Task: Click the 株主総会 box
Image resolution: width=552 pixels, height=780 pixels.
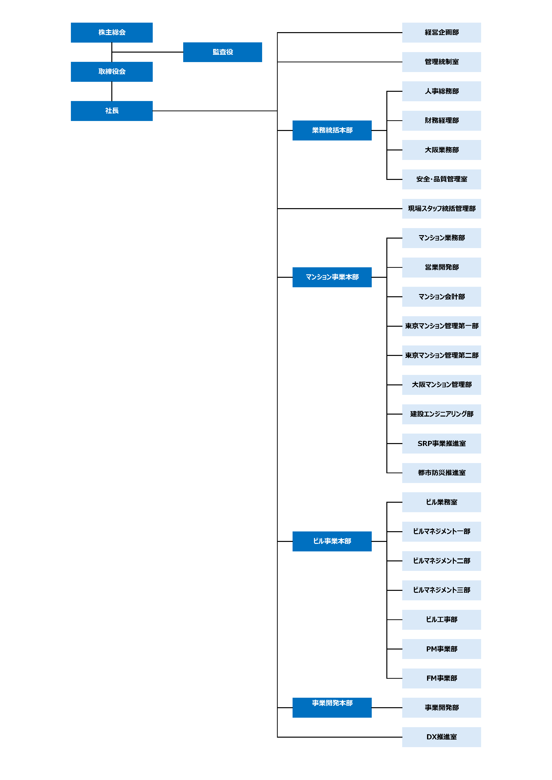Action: (x=112, y=33)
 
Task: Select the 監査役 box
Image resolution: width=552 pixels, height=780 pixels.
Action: (x=222, y=52)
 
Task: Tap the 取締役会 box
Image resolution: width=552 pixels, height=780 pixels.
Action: (x=112, y=72)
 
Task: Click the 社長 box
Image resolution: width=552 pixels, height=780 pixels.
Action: (x=112, y=111)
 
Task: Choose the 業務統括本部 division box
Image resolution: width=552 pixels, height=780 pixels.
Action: (x=332, y=130)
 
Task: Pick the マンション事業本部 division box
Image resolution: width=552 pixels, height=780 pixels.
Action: (x=332, y=277)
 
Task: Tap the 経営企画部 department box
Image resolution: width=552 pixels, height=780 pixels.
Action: (x=442, y=33)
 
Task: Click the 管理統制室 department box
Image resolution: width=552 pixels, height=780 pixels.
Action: (x=442, y=62)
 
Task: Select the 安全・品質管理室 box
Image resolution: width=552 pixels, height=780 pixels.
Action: (x=442, y=179)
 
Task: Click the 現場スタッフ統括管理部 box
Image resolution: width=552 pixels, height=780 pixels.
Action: (x=442, y=209)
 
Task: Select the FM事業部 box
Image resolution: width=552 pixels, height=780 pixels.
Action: (x=442, y=678)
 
